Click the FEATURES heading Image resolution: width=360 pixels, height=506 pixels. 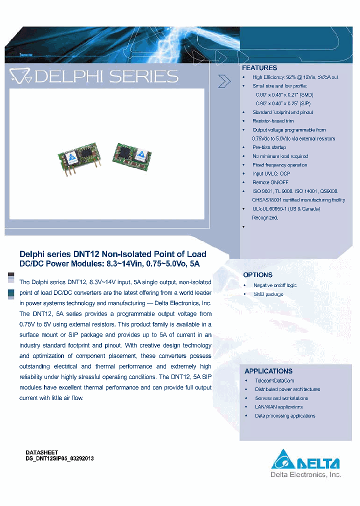coord(259,68)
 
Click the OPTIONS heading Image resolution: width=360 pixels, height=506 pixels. coord(257,275)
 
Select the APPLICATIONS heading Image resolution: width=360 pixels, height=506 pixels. coord(268,371)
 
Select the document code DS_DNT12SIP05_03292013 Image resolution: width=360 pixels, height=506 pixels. coord(59,458)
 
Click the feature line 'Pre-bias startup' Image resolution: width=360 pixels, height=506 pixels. coord(269,147)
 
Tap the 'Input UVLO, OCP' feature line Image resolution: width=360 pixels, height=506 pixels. coord(271,173)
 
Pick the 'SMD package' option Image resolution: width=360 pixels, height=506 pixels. coord(268,294)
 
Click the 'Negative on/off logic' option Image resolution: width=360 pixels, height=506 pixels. coord(274,285)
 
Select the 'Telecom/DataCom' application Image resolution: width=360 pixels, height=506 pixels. coord(274,380)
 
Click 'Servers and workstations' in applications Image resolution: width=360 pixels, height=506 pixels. coord(281,398)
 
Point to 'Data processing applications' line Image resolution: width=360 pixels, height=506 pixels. coord(285,416)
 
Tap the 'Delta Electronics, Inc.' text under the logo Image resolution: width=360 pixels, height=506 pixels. coord(305,474)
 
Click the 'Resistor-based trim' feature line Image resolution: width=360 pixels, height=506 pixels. coord(273,121)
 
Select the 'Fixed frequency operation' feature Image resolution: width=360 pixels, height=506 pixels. coord(279,165)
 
